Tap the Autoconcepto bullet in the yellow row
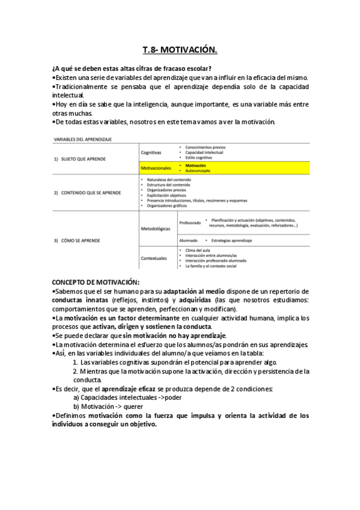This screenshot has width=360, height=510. pos(198,171)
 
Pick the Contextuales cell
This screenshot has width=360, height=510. pos(154,257)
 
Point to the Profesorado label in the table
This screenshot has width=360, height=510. pos(190,223)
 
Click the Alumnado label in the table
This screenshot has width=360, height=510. pos(189,240)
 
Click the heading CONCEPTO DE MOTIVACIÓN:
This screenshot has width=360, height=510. pos(96,281)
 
